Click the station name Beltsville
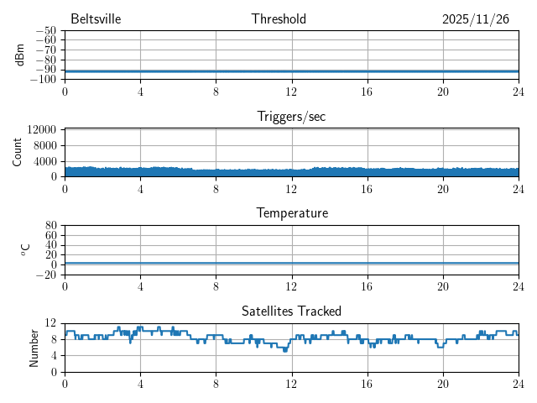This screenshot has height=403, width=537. (96, 19)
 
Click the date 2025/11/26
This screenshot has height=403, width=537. (475, 19)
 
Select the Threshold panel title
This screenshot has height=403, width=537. (279, 19)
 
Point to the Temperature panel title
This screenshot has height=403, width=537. (291, 213)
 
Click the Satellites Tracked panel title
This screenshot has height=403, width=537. (291, 311)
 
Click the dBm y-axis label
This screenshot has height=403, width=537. (19, 55)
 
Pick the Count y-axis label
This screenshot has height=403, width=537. (18, 152)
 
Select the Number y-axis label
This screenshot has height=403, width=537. (34, 347)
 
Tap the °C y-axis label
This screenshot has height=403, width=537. (25, 250)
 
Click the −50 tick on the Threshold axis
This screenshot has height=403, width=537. (46, 30)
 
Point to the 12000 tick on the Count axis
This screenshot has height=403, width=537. (41, 129)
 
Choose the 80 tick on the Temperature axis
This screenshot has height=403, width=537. (50, 226)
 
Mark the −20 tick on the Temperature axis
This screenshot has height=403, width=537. (46, 275)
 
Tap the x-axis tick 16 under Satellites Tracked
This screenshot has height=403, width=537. (367, 384)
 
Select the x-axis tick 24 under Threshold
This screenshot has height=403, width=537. (518, 92)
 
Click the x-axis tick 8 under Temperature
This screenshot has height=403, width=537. (216, 286)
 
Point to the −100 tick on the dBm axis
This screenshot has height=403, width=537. (44, 80)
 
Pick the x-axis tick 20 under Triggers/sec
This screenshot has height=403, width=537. (442, 189)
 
